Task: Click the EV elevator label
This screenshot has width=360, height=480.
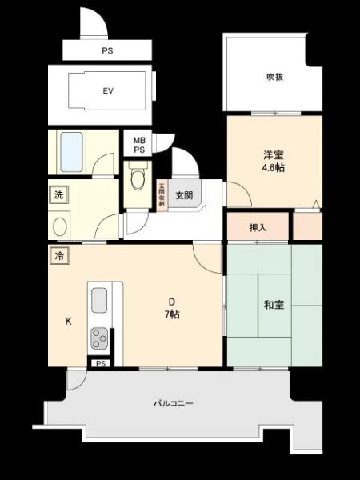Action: click(x=108, y=91)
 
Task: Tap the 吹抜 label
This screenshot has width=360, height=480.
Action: click(x=274, y=77)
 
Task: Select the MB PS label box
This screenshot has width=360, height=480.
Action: click(x=138, y=143)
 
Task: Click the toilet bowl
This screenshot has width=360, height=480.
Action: click(x=138, y=178)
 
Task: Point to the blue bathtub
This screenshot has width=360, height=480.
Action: click(x=72, y=152)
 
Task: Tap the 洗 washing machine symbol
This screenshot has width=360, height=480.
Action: click(x=58, y=194)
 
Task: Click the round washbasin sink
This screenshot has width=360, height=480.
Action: click(x=60, y=226)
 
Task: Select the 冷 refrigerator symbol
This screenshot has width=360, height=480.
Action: click(x=60, y=256)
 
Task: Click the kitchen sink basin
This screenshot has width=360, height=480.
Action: click(x=99, y=300)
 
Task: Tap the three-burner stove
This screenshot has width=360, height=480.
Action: click(x=99, y=338)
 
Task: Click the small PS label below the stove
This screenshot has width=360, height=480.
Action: click(x=101, y=363)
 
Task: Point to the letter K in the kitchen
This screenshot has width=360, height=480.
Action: click(x=69, y=321)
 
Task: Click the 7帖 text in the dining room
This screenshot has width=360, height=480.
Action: click(x=172, y=314)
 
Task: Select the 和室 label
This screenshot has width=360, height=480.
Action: click(x=274, y=305)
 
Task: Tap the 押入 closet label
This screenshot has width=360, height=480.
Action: click(x=258, y=227)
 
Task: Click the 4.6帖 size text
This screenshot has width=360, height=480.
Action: click(x=274, y=168)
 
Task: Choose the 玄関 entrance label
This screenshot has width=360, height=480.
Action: click(x=184, y=195)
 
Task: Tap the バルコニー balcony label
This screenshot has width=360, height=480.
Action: click(x=174, y=403)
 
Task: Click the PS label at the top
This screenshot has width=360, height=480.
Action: click(x=107, y=50)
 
